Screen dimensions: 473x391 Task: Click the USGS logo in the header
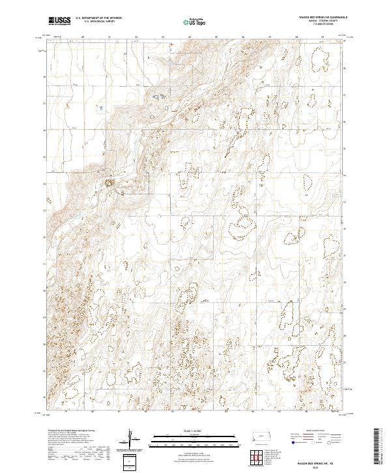(59, 21)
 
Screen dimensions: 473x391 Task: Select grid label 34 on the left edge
(45, 183)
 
